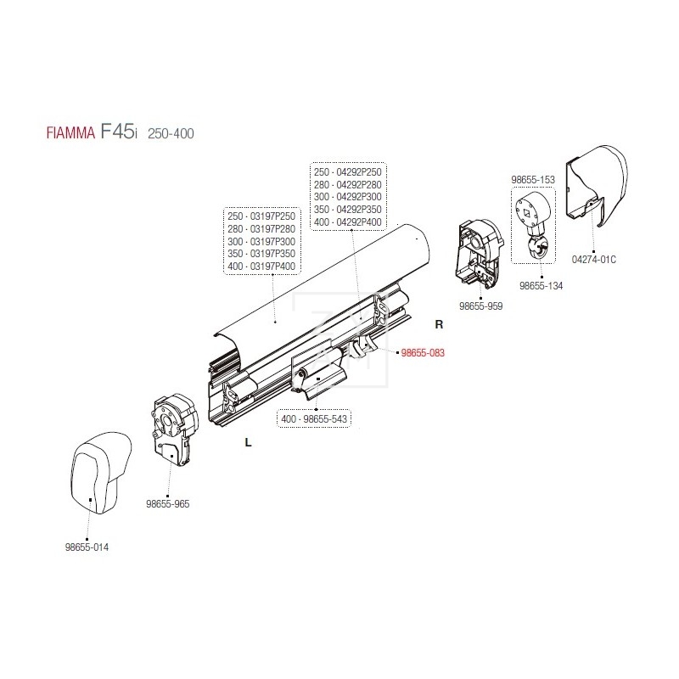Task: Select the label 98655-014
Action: point(87,547)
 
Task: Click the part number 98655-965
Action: point(167,503)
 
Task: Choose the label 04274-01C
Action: point(593,259)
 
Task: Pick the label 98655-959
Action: point(481,306)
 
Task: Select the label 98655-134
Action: point(541,285)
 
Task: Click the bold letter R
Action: point(439,324)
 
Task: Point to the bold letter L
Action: point(247,441)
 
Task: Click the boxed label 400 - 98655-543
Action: point(315,419)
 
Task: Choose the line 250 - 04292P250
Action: point(350,171)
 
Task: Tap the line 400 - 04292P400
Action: point(350,222)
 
